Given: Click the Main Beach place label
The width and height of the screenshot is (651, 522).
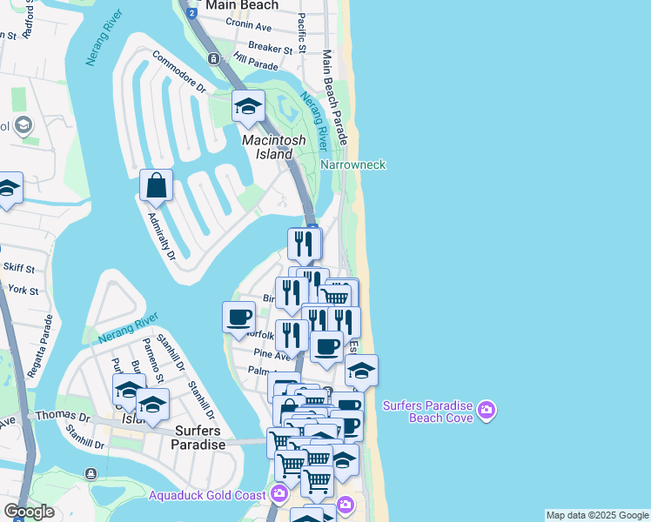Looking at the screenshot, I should (243, 5).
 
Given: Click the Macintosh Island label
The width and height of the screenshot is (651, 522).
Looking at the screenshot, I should (272, 147).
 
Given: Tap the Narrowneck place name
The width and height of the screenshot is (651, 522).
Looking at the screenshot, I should (352, 164).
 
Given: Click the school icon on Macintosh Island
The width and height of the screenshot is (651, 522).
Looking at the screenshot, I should (248, 108).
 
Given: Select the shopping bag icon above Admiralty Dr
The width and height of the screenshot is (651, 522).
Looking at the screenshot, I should (156, 185).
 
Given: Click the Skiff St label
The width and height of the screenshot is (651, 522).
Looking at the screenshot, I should (18, 269).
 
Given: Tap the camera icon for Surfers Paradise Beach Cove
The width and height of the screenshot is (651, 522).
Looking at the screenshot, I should (486, 409).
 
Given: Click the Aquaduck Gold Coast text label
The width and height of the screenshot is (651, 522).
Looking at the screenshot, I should (208, 495).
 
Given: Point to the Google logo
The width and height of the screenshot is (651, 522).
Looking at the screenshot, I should (29, 511).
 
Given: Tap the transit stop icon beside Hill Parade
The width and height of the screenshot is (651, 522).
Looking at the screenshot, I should (213, 58).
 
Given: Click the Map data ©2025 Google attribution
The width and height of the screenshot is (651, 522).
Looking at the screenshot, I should (597, 515).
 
